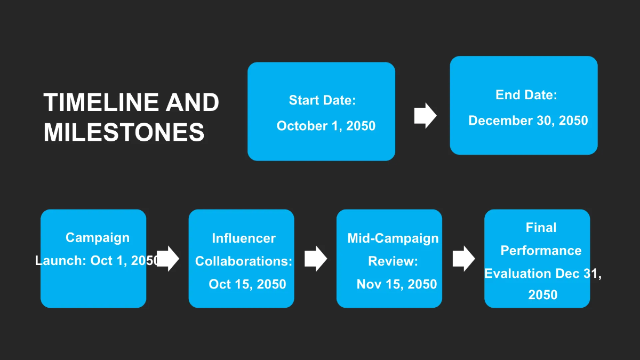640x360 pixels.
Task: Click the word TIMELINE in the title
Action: click(x=101, y=102)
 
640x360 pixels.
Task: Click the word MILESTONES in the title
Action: click(x=124, y=132)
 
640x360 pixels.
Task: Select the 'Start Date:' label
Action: click(x=322, y=100)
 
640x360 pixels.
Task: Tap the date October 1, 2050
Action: click(x=326, y=126)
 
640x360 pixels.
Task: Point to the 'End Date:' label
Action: click(x=526, y=95)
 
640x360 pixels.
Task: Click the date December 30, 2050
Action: click(x=528, y=121)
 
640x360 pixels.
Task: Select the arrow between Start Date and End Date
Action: click(x=425, y=116)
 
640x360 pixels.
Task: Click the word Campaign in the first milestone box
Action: click(x=97, y=238)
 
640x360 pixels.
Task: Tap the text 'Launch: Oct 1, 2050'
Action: click(x=97, y=261)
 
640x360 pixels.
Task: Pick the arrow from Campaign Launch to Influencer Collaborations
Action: click(x=168, y=259)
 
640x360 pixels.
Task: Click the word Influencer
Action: click(x=244, y=238)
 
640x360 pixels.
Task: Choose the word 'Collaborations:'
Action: click(x=244, y=261)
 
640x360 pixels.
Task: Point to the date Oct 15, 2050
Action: click(x=247, y=284)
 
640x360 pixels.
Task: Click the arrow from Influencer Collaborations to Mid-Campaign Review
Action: click(x=315, y=259)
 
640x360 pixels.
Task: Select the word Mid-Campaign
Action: click(x=393, y=238)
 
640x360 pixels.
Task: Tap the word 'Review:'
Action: click(x=393, y=261)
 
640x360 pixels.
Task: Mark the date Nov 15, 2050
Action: click(x=397, y=284)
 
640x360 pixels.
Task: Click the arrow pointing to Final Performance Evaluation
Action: click(x=463, y=259)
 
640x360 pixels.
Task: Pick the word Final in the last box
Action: click(x=541, y=228)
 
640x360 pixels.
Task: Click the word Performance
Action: click(x=541, y=251)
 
